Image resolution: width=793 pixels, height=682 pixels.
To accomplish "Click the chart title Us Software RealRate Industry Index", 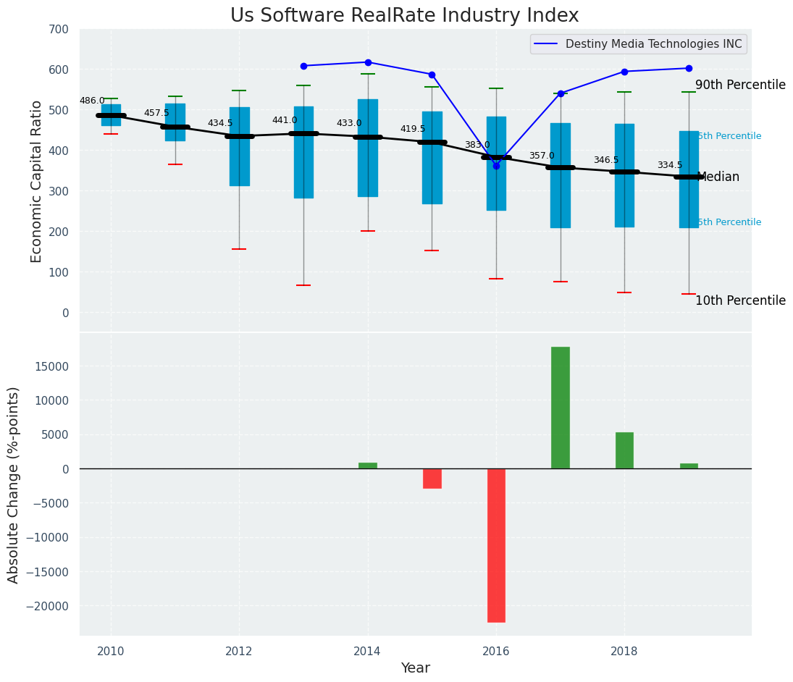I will [x=404, y=16].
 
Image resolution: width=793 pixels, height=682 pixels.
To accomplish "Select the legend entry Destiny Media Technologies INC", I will [x=653, y=44].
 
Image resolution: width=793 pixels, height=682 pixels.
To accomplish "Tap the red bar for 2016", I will [x=496, y=545].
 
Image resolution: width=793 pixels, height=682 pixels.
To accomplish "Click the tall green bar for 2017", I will [x=561, y=408].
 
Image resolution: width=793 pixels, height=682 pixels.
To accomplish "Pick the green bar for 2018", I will [x=624, y=450].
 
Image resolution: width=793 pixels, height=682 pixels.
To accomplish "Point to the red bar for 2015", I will [x=432, y=479].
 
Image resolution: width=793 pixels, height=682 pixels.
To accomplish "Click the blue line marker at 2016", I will [x=496, y=166].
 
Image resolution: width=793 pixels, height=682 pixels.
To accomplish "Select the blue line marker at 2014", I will [x=368, y=62].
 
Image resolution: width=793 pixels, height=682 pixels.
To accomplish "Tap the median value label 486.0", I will [x=92, y=101].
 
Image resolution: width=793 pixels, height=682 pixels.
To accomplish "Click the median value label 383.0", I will [x=477, y=145].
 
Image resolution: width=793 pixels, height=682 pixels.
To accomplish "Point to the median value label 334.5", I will [x=670, y=165].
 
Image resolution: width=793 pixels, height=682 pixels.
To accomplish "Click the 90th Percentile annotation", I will [x=740, y=85].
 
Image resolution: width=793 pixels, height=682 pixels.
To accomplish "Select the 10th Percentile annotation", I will [x=740, y=301].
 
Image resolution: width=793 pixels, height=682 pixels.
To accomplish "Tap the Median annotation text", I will [x=718, y=177].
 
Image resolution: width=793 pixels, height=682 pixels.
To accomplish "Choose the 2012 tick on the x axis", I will [x=239, y=651].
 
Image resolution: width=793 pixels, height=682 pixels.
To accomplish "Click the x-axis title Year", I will [x=416, y=668].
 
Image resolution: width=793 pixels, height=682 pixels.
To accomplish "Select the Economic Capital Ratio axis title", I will [x=37, y=181].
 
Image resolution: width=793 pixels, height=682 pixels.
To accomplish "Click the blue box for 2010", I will [x=111, y=115].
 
